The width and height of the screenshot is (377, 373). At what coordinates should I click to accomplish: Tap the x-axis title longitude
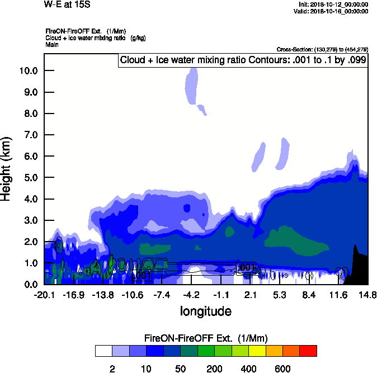[205, 310]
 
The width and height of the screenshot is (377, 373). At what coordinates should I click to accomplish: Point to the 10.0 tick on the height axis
[29, 70]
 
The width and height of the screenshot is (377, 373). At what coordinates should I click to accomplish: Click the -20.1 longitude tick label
[44, 295]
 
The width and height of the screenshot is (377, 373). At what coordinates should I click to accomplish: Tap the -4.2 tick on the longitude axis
[191, 295]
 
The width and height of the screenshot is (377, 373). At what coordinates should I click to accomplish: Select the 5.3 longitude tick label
[279, 295]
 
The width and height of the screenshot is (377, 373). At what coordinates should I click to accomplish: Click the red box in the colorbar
[308, 351]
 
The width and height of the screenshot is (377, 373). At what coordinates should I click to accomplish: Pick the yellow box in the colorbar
[257, 351]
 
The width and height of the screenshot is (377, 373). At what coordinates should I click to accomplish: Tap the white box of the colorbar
[103, 351]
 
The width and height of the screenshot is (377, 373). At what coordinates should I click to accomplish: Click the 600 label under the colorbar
[282, 369]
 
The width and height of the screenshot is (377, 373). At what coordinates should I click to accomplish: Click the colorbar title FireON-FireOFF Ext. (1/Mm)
[205, 338]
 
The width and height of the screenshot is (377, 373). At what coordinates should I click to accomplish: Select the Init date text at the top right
[333, 4]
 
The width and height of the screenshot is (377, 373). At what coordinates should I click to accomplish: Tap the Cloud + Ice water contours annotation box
[243, 60]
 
